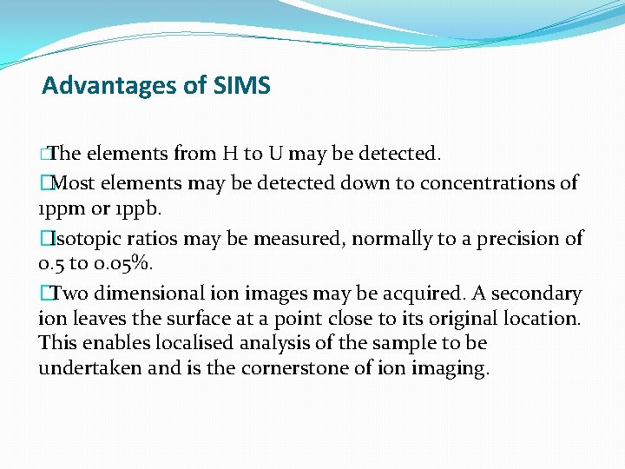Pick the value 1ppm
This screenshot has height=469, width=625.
59,210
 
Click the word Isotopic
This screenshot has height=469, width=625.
83,238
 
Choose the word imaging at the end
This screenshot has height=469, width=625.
452,369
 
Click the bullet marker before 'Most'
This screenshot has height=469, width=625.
44,183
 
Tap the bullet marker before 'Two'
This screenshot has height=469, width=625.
44,294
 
